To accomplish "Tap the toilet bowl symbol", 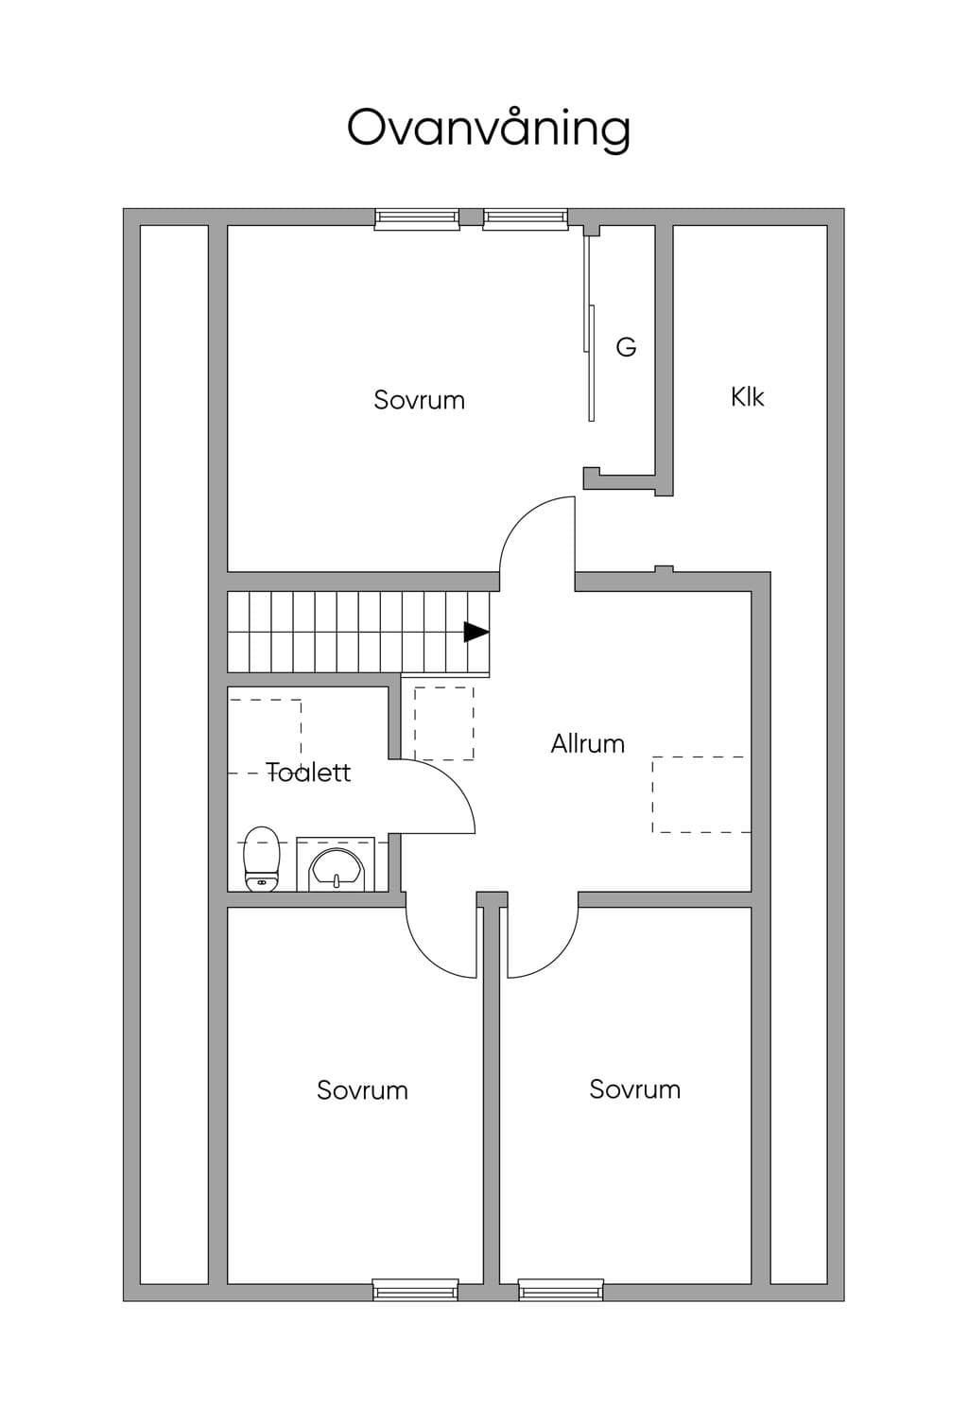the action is tap(262, 859).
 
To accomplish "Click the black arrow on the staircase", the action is tap(476, 632).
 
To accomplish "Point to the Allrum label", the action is tap(588, 743).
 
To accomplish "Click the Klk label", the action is tap(748, 397).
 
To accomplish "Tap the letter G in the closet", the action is tap(626, 346).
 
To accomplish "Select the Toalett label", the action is tap(308, 772).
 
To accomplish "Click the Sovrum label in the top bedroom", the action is tap(420, 400).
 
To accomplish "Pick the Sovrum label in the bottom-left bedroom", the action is tap(363, 1090).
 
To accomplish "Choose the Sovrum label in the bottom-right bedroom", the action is tap(635, 1089).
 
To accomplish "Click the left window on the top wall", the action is tap(417, 217).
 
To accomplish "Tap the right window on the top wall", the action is tap(526, 217).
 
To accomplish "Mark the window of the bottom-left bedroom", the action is tap(416, 1290).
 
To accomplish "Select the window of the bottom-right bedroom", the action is tap(561, 1290).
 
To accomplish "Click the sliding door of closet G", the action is tap(589, 327).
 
